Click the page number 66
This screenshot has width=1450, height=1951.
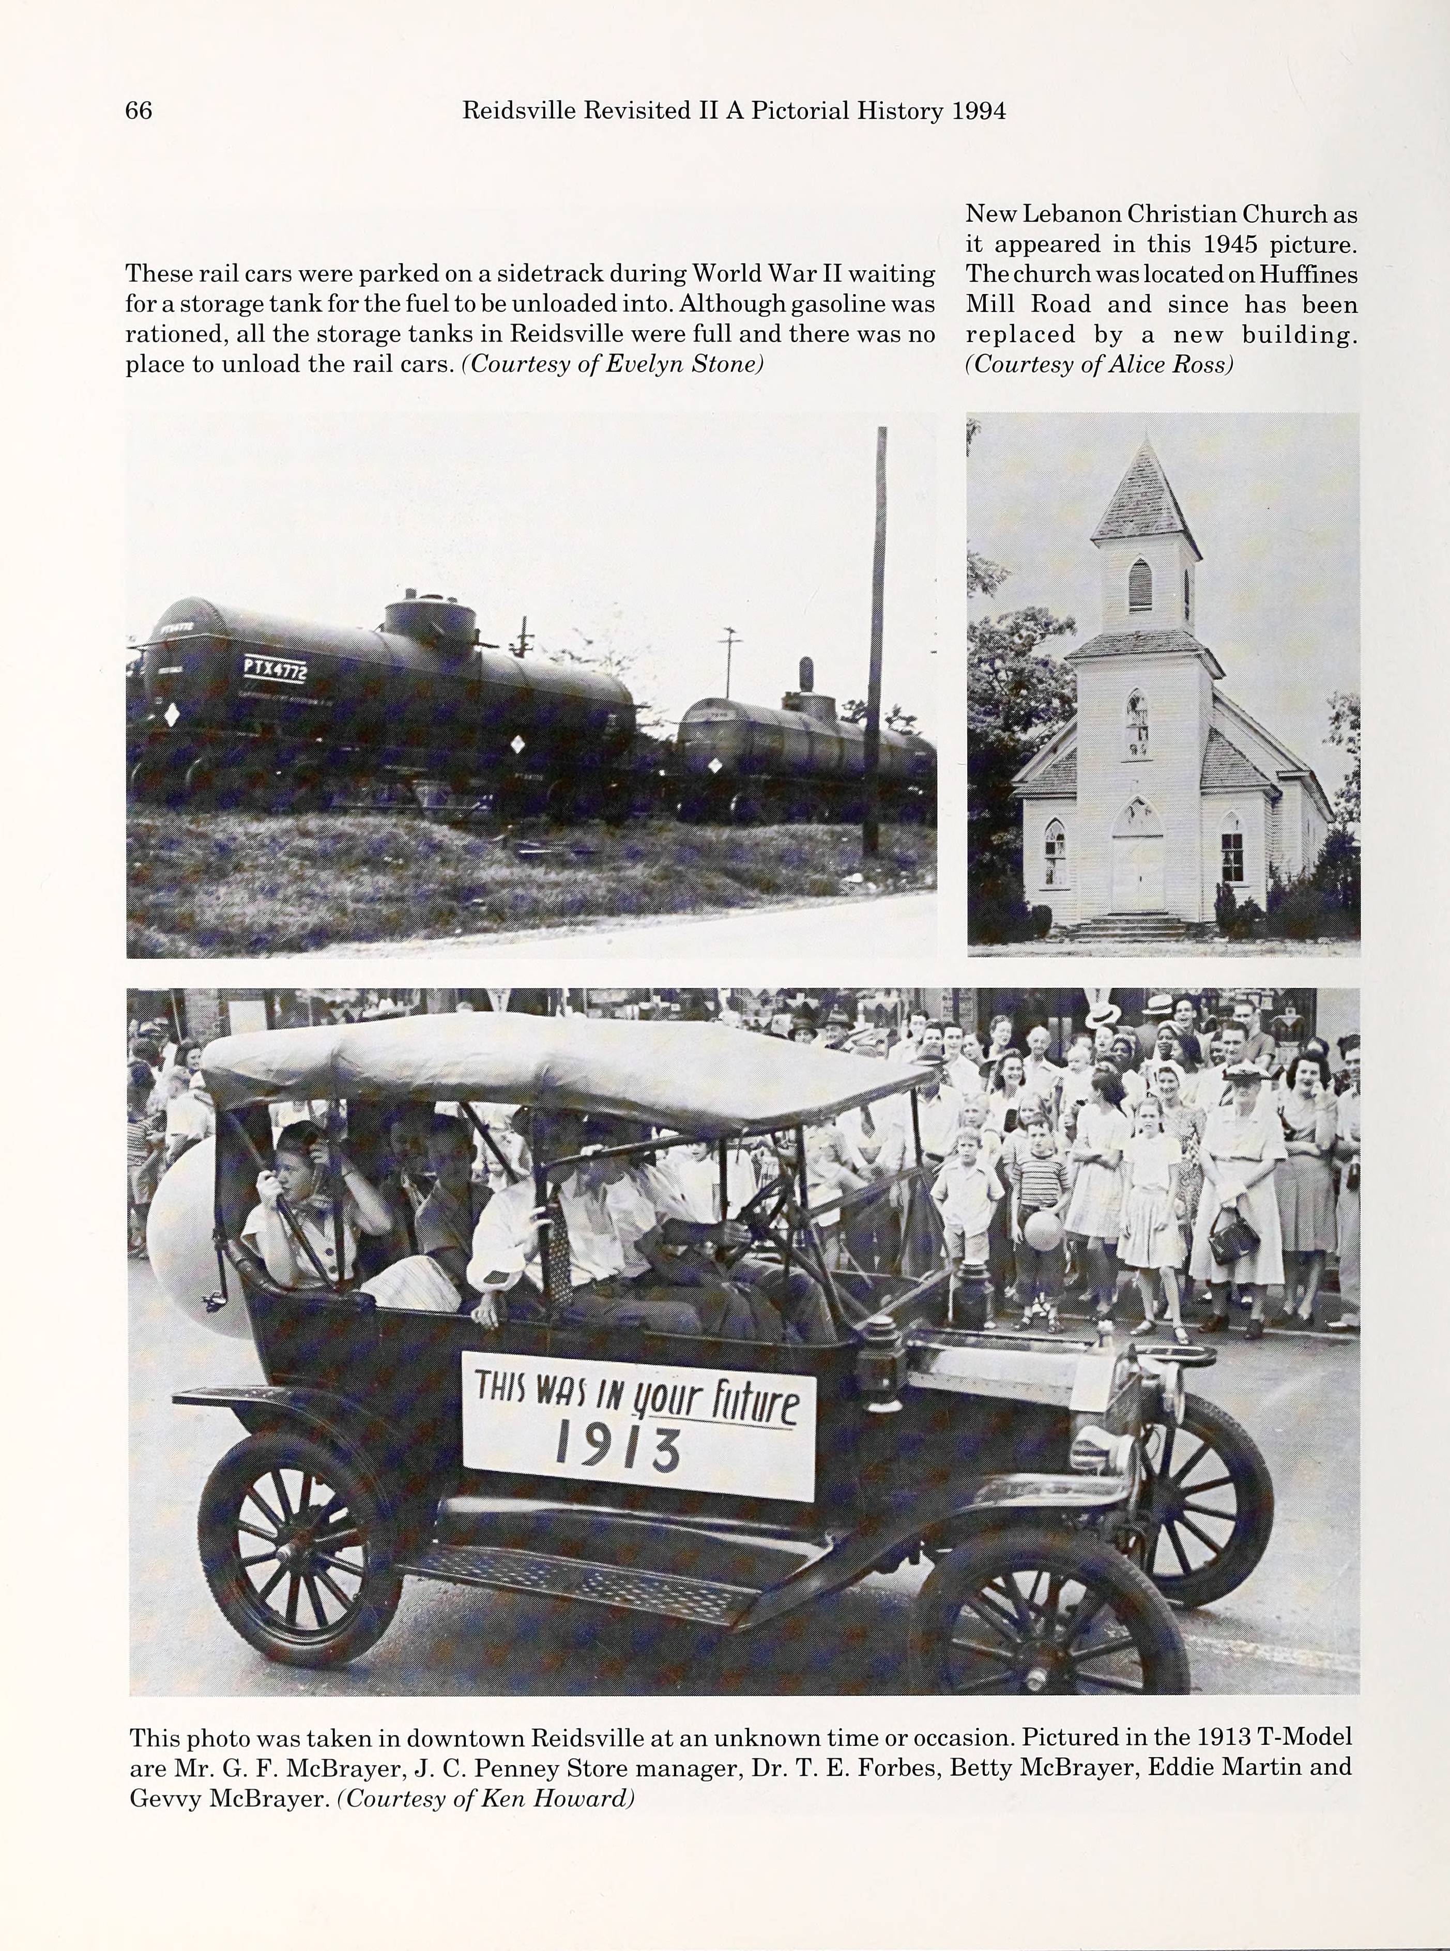tap(139, 111)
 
